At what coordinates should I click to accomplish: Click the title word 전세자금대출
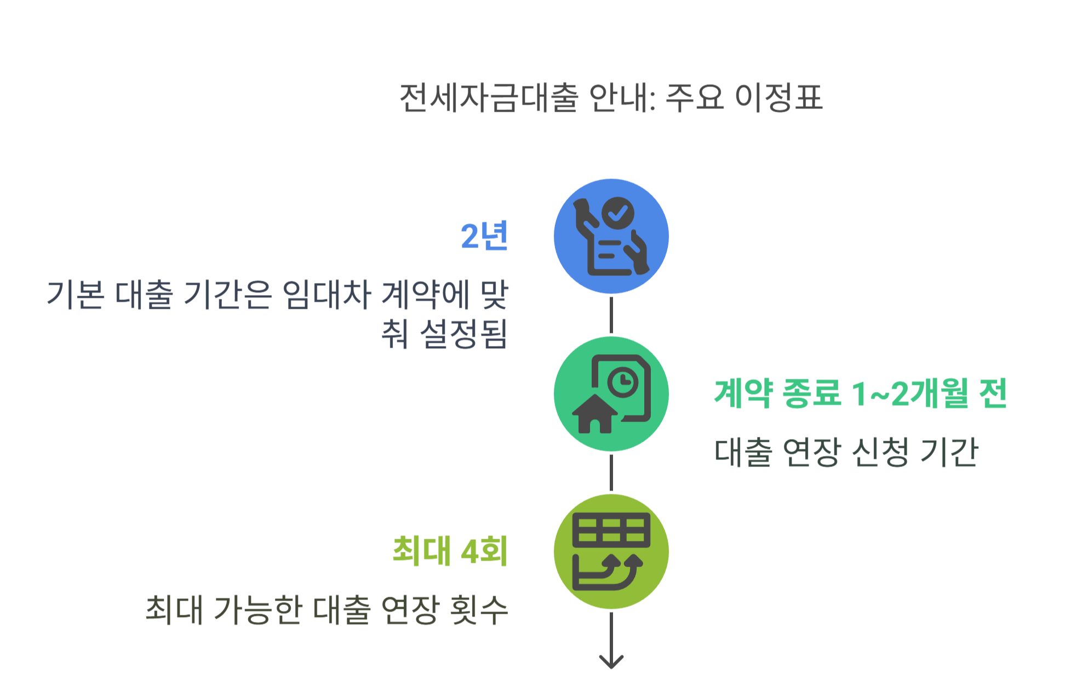489,99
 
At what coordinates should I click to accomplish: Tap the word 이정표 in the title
778,99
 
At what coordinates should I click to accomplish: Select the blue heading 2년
484,237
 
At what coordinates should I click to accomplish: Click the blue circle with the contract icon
611,237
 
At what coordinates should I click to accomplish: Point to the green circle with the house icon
611,394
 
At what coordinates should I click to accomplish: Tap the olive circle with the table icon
611,551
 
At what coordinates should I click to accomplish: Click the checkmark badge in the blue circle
618,212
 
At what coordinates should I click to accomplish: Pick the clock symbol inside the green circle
622,381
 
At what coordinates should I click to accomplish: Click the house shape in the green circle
594,414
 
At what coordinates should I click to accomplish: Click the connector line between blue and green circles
611,315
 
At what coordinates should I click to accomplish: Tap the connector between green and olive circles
611,472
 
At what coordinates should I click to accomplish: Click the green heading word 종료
811,393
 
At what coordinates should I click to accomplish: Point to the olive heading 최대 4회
450,551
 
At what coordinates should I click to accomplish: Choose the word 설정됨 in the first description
463,334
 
